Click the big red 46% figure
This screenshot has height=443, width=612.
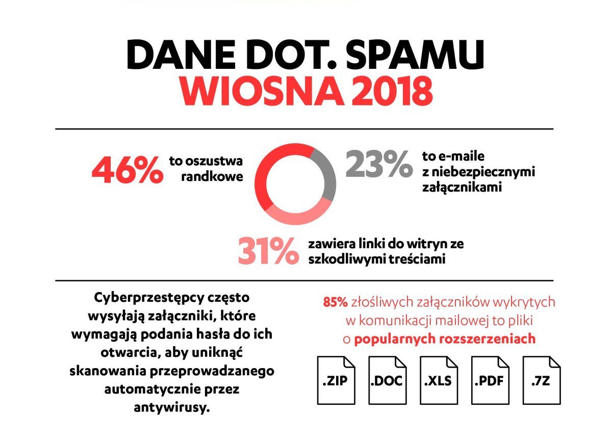127,171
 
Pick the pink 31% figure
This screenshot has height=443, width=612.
268,250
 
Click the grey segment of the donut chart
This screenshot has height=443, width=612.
326,173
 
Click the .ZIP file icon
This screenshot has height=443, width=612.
336,380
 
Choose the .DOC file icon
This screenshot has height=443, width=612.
388,380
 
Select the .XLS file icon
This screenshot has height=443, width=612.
439,380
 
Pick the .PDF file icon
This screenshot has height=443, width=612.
490,380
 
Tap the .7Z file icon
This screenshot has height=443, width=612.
542,380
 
